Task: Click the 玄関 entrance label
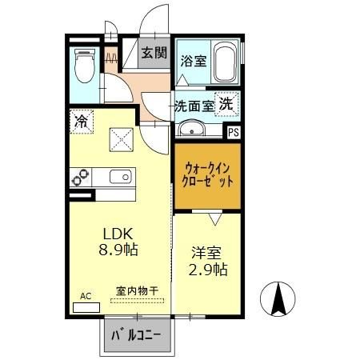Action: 154,54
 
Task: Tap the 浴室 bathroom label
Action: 194,61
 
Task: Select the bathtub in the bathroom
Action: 226,63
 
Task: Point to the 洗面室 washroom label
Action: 194,105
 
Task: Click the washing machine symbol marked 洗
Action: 227,104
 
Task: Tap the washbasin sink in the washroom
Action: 192,130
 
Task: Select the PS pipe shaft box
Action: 234,134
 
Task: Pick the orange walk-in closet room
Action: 206,175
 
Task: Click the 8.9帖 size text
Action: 118,250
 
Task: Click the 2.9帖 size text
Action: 209,270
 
